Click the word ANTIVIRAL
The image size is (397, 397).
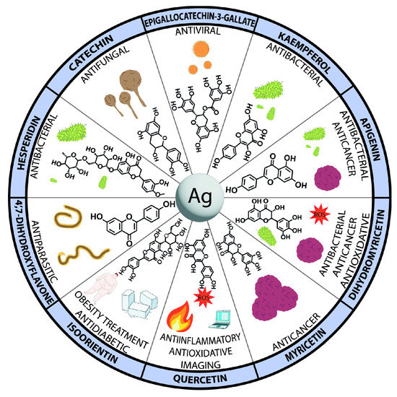[197, 32]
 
